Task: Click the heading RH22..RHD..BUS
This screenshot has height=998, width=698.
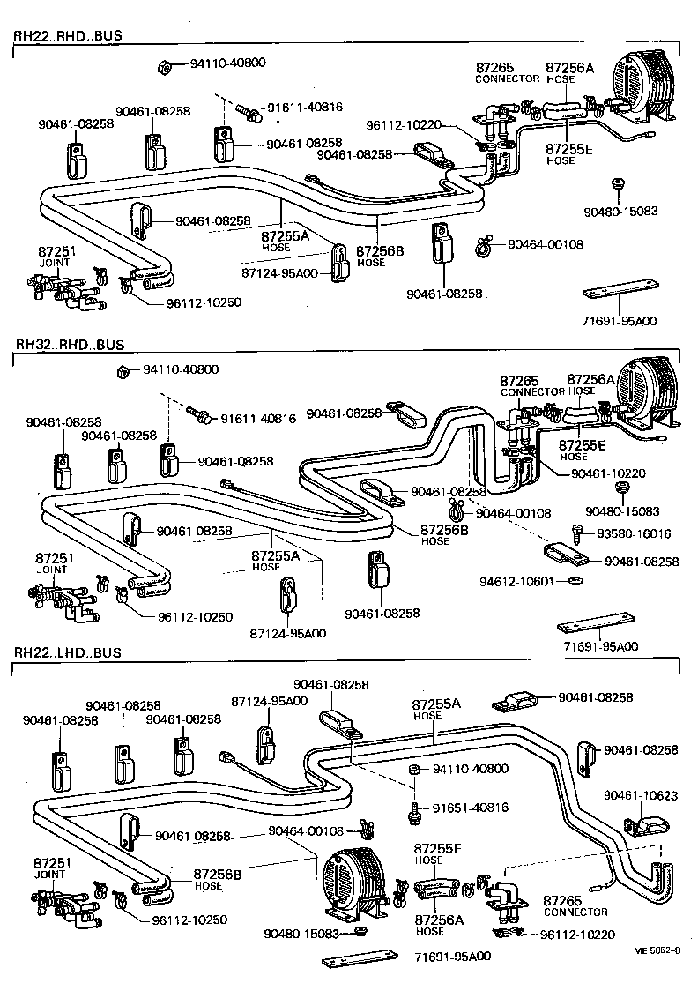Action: coord(67,36)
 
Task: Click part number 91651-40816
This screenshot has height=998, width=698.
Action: coord(470,808)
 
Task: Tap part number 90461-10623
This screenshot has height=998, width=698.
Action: coord(641,795)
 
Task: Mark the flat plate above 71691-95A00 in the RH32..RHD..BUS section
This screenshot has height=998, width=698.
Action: coord(596,628)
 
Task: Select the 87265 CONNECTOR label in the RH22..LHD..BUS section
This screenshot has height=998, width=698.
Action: coord(563,905)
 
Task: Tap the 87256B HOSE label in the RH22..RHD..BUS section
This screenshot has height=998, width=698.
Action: coord(380,257)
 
